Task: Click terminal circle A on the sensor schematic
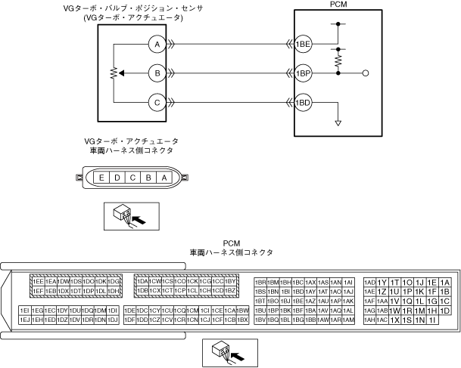[157, 45]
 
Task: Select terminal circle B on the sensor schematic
[157, 73]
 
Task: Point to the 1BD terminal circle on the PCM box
[304, 102]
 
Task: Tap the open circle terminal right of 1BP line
[366, 73]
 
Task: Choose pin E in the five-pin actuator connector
[101, 178]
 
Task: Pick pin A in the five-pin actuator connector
[164, 178]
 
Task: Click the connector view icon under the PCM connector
[230, 351]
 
